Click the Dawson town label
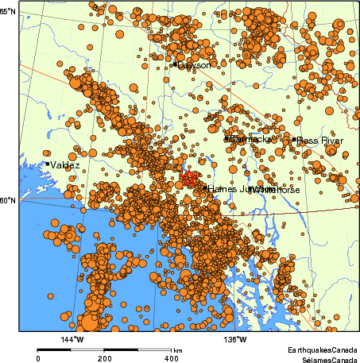click(x=195, y=65)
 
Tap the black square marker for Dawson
click(x=174, y=64)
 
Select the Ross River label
click(x=320, y=141)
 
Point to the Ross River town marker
click(x=294, y=140)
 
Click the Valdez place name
click(x=64, y=164)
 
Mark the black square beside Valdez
click(x=48, y=164)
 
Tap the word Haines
click(x=223, y=189)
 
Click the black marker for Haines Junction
click(x=204, y=188)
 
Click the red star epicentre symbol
click(x=188, y=176)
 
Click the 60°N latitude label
click(x=9, y=200)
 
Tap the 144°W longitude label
click(x=72, y=340)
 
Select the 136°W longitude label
click(x=236, y=340)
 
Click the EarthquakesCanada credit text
click(x=323, y=349)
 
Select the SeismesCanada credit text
click(x=325, y=358)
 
